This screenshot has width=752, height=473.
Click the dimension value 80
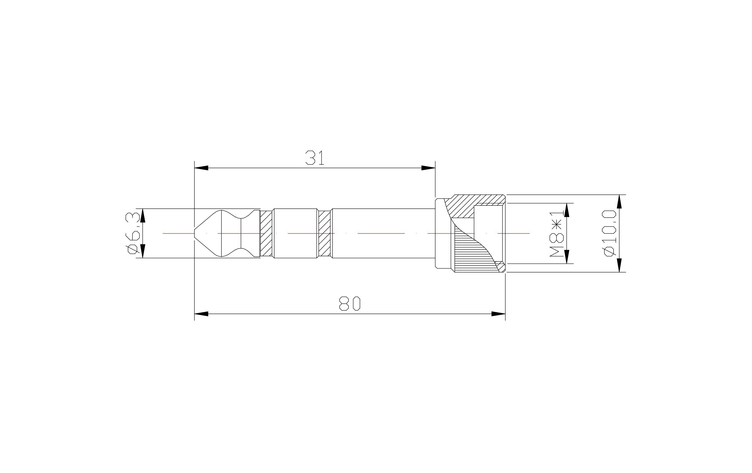[x=350, y=304]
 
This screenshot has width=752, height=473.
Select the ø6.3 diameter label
[x=132, y=233]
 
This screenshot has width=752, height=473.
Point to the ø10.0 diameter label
[x=610, y=233]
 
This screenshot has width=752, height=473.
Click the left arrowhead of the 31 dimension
[x=201, y=168]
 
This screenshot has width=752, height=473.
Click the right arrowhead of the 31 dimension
[x=428, y=168]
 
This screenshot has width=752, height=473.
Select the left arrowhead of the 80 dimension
[x=201, y=314]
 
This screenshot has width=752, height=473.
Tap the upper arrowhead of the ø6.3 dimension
[x=143, y=215]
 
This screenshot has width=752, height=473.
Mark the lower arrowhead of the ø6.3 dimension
[x=143, y=251]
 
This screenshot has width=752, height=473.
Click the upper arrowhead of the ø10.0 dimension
[x=620, y=202]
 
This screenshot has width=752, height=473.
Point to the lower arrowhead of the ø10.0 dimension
[x=620, y=265]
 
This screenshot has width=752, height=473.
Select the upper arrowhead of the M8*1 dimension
[x=567, y=210]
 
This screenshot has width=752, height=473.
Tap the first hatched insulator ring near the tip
[x=266, y=233]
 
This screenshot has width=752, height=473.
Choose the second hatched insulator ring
[x=324, y=233]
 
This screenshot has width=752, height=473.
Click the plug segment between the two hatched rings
[x=295, y=233]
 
